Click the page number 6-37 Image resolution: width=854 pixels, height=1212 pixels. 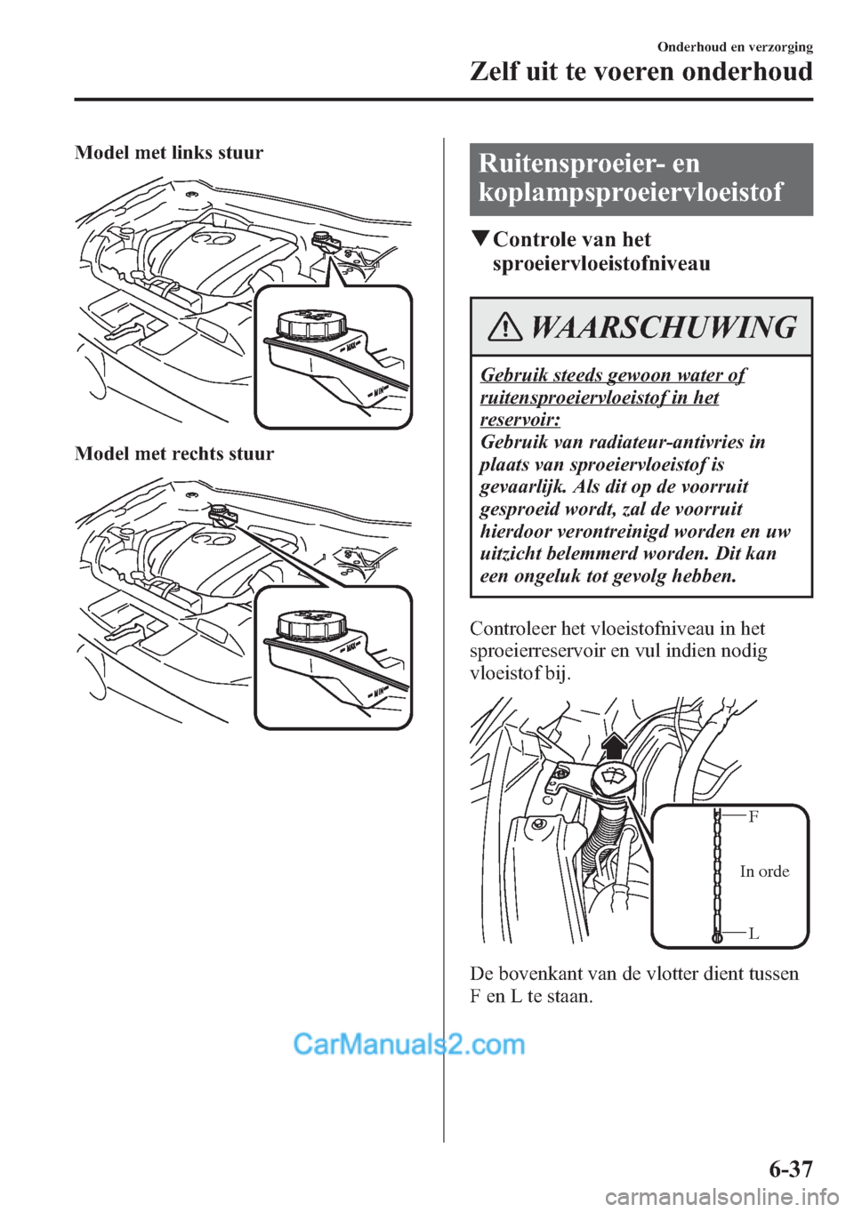click(789, 1168)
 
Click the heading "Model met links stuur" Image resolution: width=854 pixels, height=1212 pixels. click(169, 153)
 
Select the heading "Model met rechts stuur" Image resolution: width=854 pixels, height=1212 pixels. click(174, 453)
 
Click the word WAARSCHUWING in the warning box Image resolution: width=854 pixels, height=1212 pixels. click(663, 327)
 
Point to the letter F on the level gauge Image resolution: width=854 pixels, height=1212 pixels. click(753, 816)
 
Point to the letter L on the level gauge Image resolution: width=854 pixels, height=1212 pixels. click(753, 934)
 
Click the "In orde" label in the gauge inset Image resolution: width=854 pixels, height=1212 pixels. click(764, 871)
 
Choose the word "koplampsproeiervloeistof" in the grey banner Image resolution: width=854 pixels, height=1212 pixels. click(631, 192)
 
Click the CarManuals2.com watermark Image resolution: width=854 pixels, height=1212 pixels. click(409, 1043)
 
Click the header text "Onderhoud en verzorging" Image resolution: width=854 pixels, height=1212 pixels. click(735, 47)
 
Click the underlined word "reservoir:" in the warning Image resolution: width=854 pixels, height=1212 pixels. click(520, 420)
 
